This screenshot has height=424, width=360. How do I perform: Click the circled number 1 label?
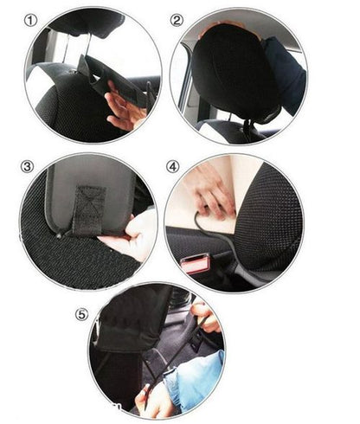[30, 21]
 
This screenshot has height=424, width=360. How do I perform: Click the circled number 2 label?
[177, 21]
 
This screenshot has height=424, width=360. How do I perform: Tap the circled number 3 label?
[27, 167]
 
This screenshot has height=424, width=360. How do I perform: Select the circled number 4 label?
[172, 167]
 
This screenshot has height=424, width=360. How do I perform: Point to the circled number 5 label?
[81, 314]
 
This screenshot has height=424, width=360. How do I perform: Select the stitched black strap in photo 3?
[90, 210]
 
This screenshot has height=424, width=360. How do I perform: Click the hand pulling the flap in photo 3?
[132, 236]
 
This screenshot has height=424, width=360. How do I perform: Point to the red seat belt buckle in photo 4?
[195, 263]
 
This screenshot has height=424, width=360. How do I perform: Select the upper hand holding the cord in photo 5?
[206, 318]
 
